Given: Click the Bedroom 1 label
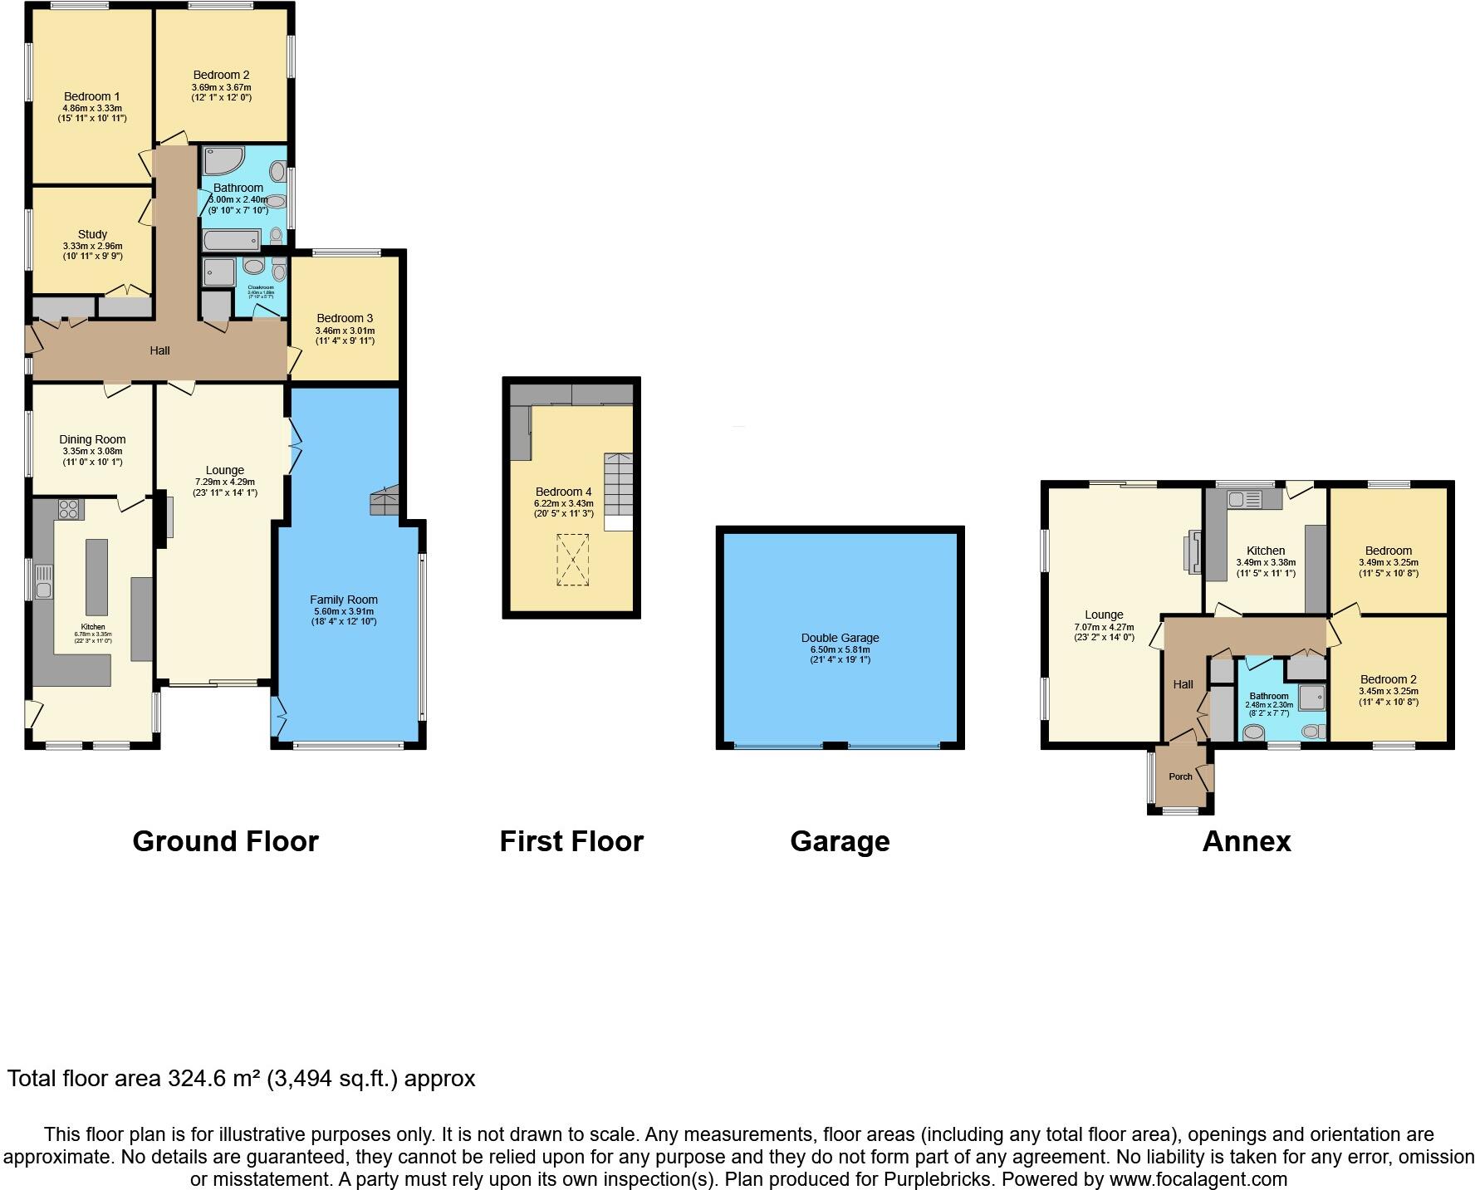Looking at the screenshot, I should coord(91,96).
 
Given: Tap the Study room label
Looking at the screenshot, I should coord(92,234).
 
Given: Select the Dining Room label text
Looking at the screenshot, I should coord(92,439).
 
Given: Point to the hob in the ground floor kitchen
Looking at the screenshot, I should coord(68,508).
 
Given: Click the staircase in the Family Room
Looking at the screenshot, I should coord(385,502).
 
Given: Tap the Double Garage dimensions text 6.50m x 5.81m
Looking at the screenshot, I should coord(840,649).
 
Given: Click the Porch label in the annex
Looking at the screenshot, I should coord(1180,776).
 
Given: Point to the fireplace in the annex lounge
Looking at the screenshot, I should coord(1193,552).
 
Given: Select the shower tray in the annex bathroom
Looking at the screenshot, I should coord(1311,698).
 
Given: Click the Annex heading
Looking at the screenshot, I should coord(1246,841).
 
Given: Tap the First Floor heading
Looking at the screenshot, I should coord(571,841).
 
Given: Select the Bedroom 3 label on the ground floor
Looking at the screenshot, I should coord(345,318).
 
